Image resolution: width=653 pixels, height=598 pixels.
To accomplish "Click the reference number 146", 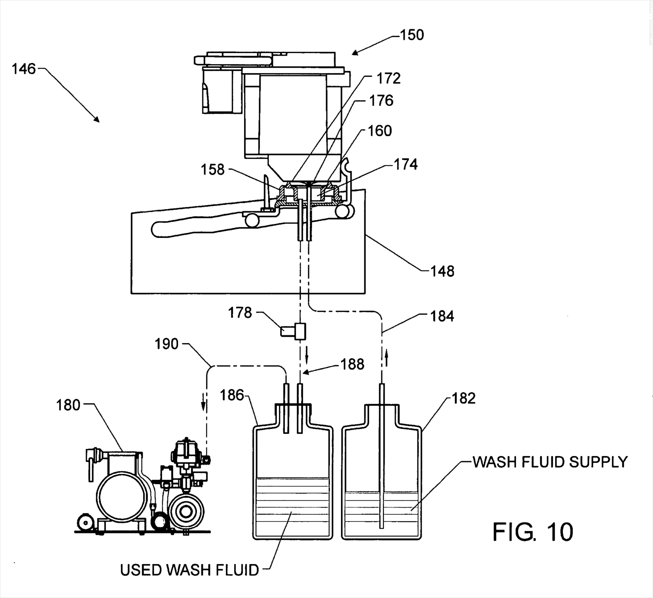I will click(23, 69).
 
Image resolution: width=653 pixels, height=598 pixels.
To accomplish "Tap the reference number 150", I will click(412, 35).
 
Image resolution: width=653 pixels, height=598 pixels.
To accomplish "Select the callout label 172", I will click(388, 78).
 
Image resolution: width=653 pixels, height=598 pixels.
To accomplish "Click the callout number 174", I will click(405, 164).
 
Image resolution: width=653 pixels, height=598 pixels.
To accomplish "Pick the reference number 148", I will click(442, 271).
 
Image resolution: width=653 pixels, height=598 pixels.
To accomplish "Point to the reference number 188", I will click(352, 364).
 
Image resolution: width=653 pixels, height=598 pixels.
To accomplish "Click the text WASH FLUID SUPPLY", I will click(550, 462).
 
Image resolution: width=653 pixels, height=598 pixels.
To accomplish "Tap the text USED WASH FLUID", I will click(189, 570).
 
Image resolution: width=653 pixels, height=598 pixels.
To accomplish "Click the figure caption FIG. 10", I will click(533, 532).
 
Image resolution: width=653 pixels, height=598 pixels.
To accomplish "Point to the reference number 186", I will click(232, 395).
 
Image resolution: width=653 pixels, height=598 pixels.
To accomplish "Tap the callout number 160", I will click(379, 130).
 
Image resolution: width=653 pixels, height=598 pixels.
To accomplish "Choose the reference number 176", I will click(381, 101).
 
